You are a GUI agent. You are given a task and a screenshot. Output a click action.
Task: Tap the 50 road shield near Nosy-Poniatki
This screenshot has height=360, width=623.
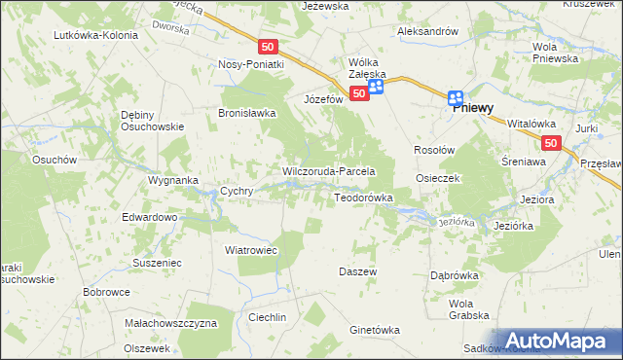pos(270,46)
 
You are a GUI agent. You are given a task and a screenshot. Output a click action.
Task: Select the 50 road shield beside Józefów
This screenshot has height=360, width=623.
pos(359,93)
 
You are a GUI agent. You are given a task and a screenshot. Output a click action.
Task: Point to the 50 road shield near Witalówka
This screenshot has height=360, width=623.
pos(551,143)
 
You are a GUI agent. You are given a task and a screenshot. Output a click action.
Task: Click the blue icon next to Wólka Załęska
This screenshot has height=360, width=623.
pos(376,87)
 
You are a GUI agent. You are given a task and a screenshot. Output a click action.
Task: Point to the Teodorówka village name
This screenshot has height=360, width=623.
pos(363,198)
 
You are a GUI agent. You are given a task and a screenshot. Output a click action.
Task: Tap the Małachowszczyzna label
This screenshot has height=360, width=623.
pos(170,322)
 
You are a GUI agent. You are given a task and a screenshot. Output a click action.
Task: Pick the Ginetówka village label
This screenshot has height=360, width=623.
pos(375,330)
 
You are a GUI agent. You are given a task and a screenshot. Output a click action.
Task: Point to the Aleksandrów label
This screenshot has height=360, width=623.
pos(427,31)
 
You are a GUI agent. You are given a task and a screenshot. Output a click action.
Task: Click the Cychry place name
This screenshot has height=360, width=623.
pos(238,192)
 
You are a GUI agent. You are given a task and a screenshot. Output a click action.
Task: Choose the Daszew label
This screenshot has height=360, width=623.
pos(357,271)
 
